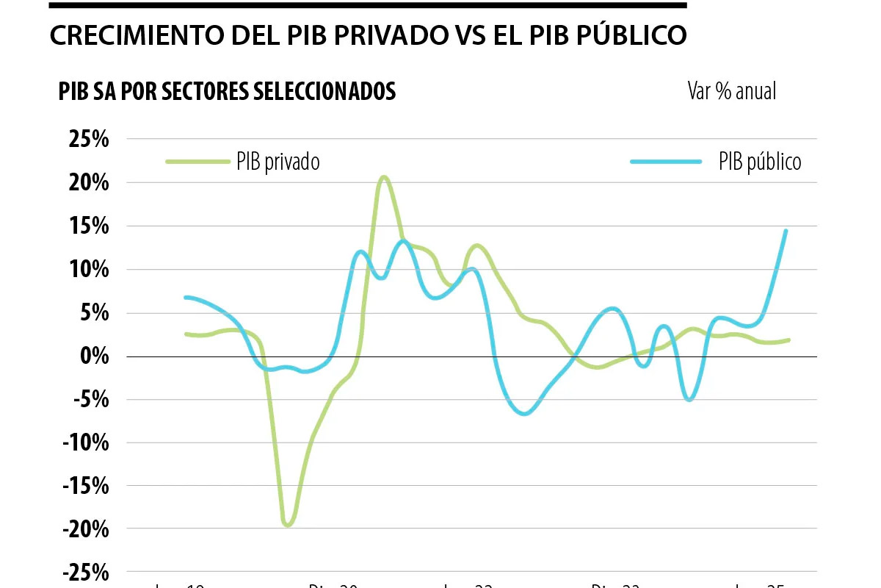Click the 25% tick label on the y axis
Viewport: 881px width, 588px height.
point(89,139)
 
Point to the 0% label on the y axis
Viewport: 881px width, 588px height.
point(95,356)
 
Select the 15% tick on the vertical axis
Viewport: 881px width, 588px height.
point(89,226)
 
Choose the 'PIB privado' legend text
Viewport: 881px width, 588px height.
point(278,162)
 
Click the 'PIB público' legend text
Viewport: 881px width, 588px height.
point(760,162)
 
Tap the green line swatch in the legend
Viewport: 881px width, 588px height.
point(197,160)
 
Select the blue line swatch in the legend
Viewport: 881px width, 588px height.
point(665,160)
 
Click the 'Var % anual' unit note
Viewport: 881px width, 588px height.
point(731,91)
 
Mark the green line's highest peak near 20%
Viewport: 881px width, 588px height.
point(383,177)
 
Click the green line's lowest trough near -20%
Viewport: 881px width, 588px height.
point(287,525)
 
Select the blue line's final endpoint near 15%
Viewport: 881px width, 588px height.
point(786,231)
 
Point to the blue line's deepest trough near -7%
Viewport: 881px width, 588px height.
point(524,414)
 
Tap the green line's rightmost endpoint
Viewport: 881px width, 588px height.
point(788,340)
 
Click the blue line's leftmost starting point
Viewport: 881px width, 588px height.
point(186,297)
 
